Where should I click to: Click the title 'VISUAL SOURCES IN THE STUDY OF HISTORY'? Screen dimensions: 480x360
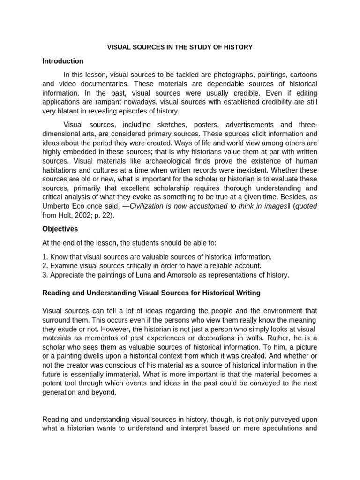click(x=180, y=47)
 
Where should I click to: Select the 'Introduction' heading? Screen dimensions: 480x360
click(x=63, y=61)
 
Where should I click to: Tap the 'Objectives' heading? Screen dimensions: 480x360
click(x=60, y=229)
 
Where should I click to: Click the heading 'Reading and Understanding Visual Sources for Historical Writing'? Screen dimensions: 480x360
click(x=151, y=293)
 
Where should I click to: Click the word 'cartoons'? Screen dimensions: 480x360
click(x=303, y=75)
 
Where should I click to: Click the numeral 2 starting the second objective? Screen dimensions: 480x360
click(x=45, y=266)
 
